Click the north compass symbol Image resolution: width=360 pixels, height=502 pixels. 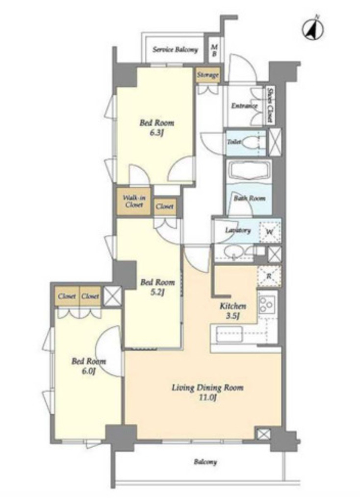pos(312,29)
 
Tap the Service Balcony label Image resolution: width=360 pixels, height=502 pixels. pos(175,50)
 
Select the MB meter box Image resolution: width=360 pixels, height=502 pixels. pos(214,50)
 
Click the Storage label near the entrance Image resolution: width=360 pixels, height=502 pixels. pos(208,75)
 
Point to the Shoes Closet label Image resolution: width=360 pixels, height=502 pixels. pos(270,105)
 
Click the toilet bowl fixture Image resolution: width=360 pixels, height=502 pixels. pos(253,142)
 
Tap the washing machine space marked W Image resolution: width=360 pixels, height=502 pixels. pos(270,231)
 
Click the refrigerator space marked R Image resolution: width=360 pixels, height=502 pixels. pos(269,276)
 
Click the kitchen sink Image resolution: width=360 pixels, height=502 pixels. pos(230,334)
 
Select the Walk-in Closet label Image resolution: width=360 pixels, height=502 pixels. pos(134,201)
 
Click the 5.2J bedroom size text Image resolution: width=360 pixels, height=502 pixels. pos(157,292)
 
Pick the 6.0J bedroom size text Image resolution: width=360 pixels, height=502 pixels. pos(89,371)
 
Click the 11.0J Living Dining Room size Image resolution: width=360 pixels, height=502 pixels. pos(207,398)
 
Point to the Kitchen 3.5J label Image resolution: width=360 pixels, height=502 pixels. pos(233,310)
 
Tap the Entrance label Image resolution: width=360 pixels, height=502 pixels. pos(244,106)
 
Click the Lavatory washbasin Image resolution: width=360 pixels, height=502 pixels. pos(234,253)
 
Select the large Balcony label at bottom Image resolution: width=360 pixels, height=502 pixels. pos(206,462)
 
